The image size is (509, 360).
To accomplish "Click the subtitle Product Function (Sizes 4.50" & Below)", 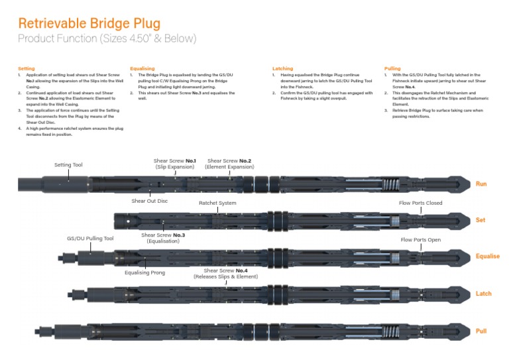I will click(x=107, y=38).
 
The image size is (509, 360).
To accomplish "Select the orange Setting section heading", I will click(x=27, y=69).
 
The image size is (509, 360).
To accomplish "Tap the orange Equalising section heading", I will click(x=142, y=69).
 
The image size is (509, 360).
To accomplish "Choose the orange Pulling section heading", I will click(x=392, y=69).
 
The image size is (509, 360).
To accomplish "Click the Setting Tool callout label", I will click(x=69, y=164).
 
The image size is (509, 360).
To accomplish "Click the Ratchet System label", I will click(x=217, y=203).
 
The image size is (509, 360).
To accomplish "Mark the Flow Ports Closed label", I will click(x=420, y=203).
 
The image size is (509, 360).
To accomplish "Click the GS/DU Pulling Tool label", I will click(x=90, y=238).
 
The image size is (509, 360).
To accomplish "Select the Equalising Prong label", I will click(x=144, y=272).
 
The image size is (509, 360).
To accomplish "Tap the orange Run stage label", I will click(x=482, y=184).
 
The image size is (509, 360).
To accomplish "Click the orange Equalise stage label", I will click(x=487, y=256).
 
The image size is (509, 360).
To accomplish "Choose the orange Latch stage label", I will click(x=484, y=293).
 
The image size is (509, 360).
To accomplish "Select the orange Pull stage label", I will click(x=482, y=330).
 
